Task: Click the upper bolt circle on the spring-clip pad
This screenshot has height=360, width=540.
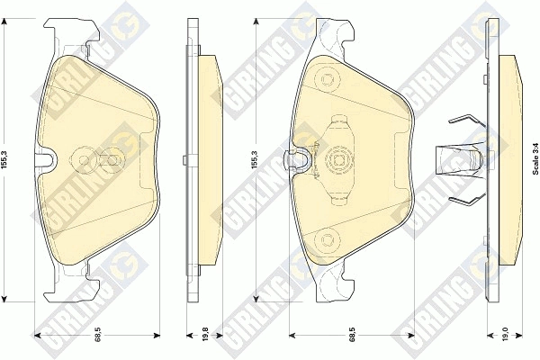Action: point(326,79)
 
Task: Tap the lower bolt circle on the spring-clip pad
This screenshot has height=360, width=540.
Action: point(326,238)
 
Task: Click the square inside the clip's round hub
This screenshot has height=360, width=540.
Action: point(337,159)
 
